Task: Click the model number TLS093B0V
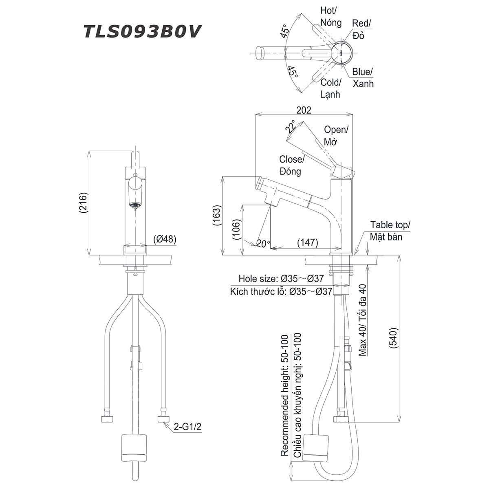(x=142, y=31)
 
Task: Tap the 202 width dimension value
(x=304, y=110)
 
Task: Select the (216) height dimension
(x=84, y=203)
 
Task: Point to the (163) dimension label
(x=218, y=215)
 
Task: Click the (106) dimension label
(x=236, y=229)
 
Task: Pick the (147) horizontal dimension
(x=308, y=242)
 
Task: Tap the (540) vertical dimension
(x=394, y=338)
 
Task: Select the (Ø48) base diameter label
(x=165, y=239)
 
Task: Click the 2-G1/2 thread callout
(x=187, y=427)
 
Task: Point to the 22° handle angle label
(x=291, y=127)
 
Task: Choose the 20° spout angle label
(x=262, y=244)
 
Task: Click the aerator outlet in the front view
(x=135, y=205)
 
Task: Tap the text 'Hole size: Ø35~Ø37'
(x=281, y=279)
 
